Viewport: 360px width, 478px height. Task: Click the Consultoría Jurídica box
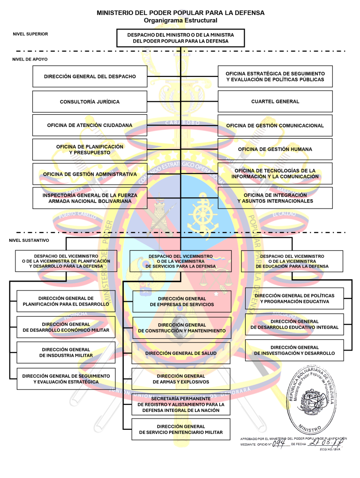point(90,102)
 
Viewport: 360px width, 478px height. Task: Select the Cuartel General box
point(275,102)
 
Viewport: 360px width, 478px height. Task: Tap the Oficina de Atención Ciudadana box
point(90,126)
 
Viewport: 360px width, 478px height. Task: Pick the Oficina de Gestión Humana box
point(275,149)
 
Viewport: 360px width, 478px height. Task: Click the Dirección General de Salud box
point(181,353)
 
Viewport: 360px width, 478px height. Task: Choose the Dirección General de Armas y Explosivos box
point(181,379)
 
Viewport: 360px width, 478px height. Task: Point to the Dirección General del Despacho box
point(90,76)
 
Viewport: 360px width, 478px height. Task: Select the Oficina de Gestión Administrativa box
point(90,174)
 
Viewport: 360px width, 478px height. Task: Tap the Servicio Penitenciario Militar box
point(181,429)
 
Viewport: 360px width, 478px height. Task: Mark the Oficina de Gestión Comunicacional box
point(275,126)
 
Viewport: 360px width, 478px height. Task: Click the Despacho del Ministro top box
point(181,38)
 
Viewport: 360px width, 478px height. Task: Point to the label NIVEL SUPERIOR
point(30,34)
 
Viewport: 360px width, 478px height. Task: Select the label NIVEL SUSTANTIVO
point(29,240)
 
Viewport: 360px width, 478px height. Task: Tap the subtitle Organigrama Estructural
point(180,21)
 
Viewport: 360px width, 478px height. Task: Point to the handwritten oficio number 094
point(280,442)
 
